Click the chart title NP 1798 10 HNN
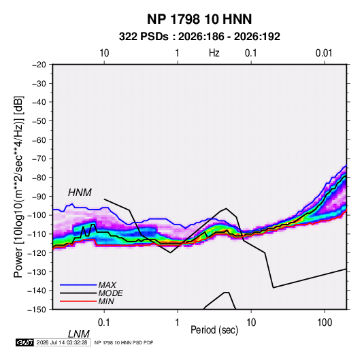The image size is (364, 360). click(x=199, y=19)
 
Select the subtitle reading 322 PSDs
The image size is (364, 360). click(x=144, y=37)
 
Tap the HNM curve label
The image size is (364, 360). click(x=80, y=193)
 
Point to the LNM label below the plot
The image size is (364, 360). click(x=78, y=334)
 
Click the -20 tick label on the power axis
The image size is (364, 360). click(x=39, y=65)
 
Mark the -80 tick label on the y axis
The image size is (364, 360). click(x=39, y=178)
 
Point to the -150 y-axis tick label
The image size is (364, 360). click(x=37, y=310)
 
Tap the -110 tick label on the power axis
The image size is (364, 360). click(x=37, y=234)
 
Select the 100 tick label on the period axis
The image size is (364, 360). click(x=325, y=323)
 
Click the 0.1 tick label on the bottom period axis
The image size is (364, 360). click(x=103, y=323)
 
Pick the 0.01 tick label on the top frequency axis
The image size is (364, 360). click(x=324, y=53)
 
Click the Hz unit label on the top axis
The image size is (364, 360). click(x=214, y=53)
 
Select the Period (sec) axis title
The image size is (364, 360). click(x=214, y=330)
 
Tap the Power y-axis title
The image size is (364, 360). click(x=18, y=187)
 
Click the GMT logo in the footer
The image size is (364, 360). click(x=24, y=342)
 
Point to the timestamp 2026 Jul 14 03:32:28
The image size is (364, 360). click(x=62, y=342)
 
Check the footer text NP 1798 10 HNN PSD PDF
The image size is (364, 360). click(x=124, y=342)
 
